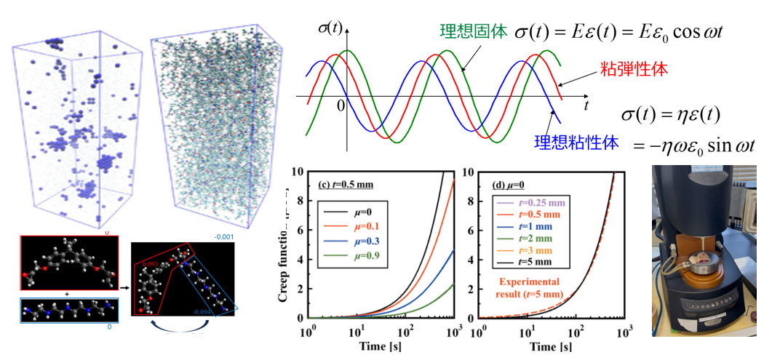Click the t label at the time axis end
click(x=585, y=105)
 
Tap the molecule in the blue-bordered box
click(x=66, y=309)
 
